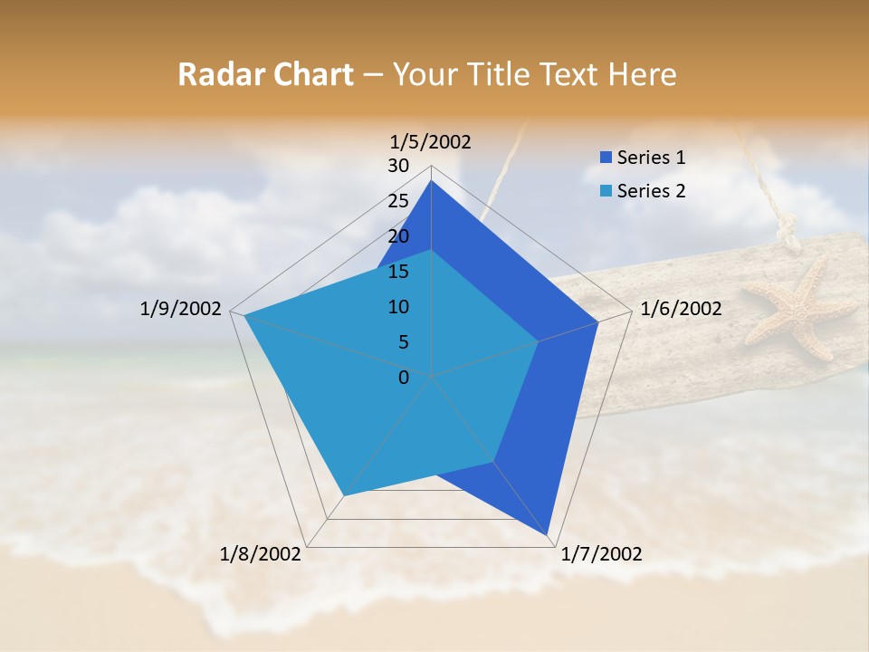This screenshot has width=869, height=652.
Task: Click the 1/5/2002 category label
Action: (x=430, y=142)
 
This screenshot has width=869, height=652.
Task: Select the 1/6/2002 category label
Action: (x=681, y=309)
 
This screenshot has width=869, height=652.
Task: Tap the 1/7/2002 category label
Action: (x=601, y=554)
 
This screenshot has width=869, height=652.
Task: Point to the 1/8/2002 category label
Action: (x=261, y=554)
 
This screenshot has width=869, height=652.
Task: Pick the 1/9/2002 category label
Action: (x=180, y=309)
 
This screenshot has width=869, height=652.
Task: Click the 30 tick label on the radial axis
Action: (x=398, y=166)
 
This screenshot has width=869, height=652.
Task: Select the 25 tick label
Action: (x=398, y=201)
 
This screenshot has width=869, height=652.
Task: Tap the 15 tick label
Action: (x=398, y=272)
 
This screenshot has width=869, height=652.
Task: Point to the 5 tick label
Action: (x=404, y=342)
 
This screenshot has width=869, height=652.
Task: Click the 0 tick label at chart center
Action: (x=404, y=378)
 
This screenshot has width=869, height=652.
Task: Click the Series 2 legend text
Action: (x=651, y=191)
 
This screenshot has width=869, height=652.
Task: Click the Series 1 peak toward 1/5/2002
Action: (x=431, y=181)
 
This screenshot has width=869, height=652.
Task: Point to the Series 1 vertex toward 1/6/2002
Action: (x=597, y=321)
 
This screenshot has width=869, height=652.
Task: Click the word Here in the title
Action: (x=642, y=75)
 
